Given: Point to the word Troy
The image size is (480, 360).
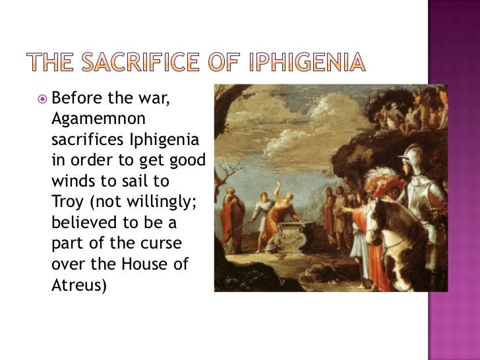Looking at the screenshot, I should click(65, 200).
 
